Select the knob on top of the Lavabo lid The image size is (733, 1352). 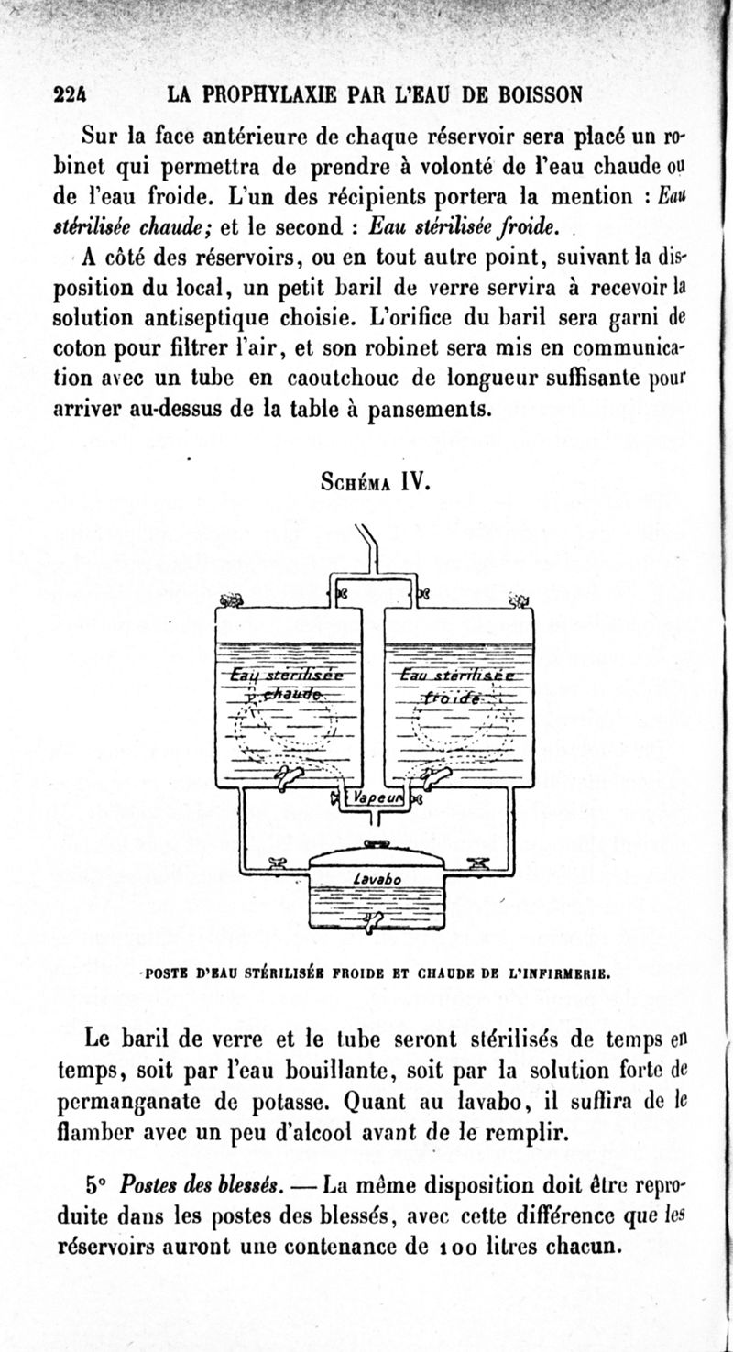point(377,842)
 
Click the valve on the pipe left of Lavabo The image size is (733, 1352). point(274,861)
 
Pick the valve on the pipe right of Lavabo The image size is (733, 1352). point(477,861)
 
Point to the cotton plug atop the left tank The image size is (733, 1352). point(231,599)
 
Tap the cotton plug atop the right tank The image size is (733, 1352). point(519,600)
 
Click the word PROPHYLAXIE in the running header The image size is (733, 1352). point(260,93)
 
